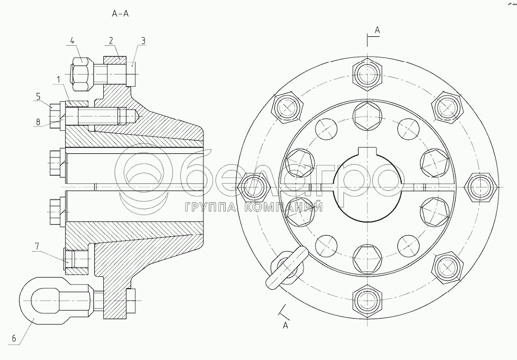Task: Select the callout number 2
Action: (x=111, y=40)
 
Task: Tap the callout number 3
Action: (x=143, y=40)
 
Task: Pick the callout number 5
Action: (x=38, y=96)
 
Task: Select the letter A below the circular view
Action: (x=285, y=325)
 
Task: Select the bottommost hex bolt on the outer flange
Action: (x=366, y=300)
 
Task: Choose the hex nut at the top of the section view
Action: (x=81, y=72)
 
